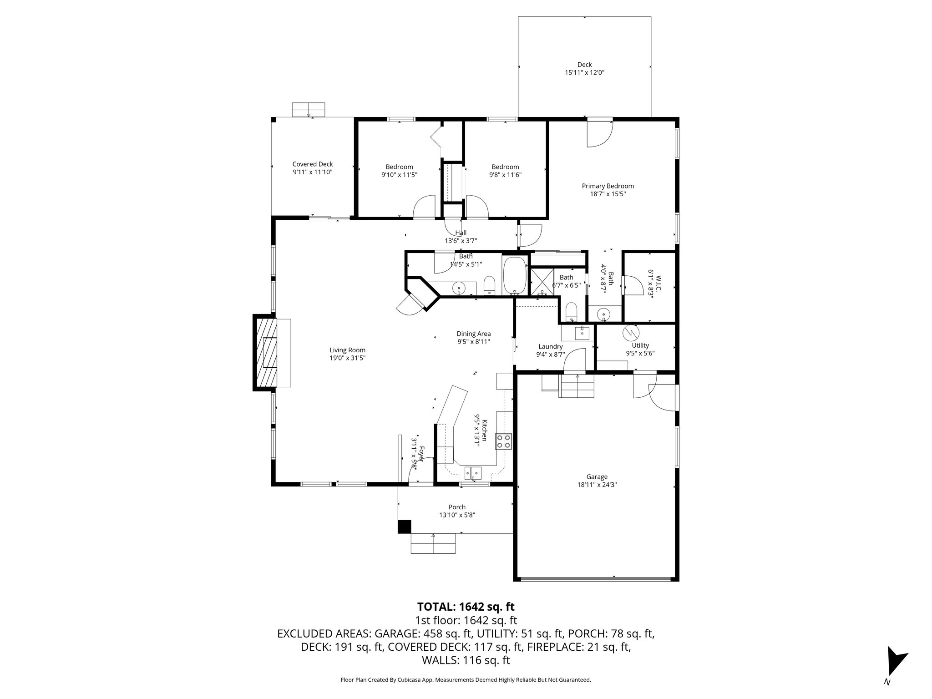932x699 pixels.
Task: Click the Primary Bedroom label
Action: click(608, 186)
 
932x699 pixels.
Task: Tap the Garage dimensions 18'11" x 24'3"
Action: click(597, 485)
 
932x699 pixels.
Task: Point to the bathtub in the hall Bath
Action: click(515, 276)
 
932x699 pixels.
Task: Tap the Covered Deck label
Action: click(312, 164)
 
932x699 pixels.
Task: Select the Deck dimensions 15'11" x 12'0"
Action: click(584, 72)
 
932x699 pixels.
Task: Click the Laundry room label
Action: click(550, 346)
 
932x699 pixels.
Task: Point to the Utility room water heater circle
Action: click(630, 333)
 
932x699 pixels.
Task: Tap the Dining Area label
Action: click(473, 334)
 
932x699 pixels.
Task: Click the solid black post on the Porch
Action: click(404, 527)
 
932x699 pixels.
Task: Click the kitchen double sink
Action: click(473, 473)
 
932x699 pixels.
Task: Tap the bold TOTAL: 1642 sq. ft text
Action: click(466, 607)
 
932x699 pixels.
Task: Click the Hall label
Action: click(461, 233)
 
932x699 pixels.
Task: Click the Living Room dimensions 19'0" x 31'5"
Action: click(347, 358)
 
